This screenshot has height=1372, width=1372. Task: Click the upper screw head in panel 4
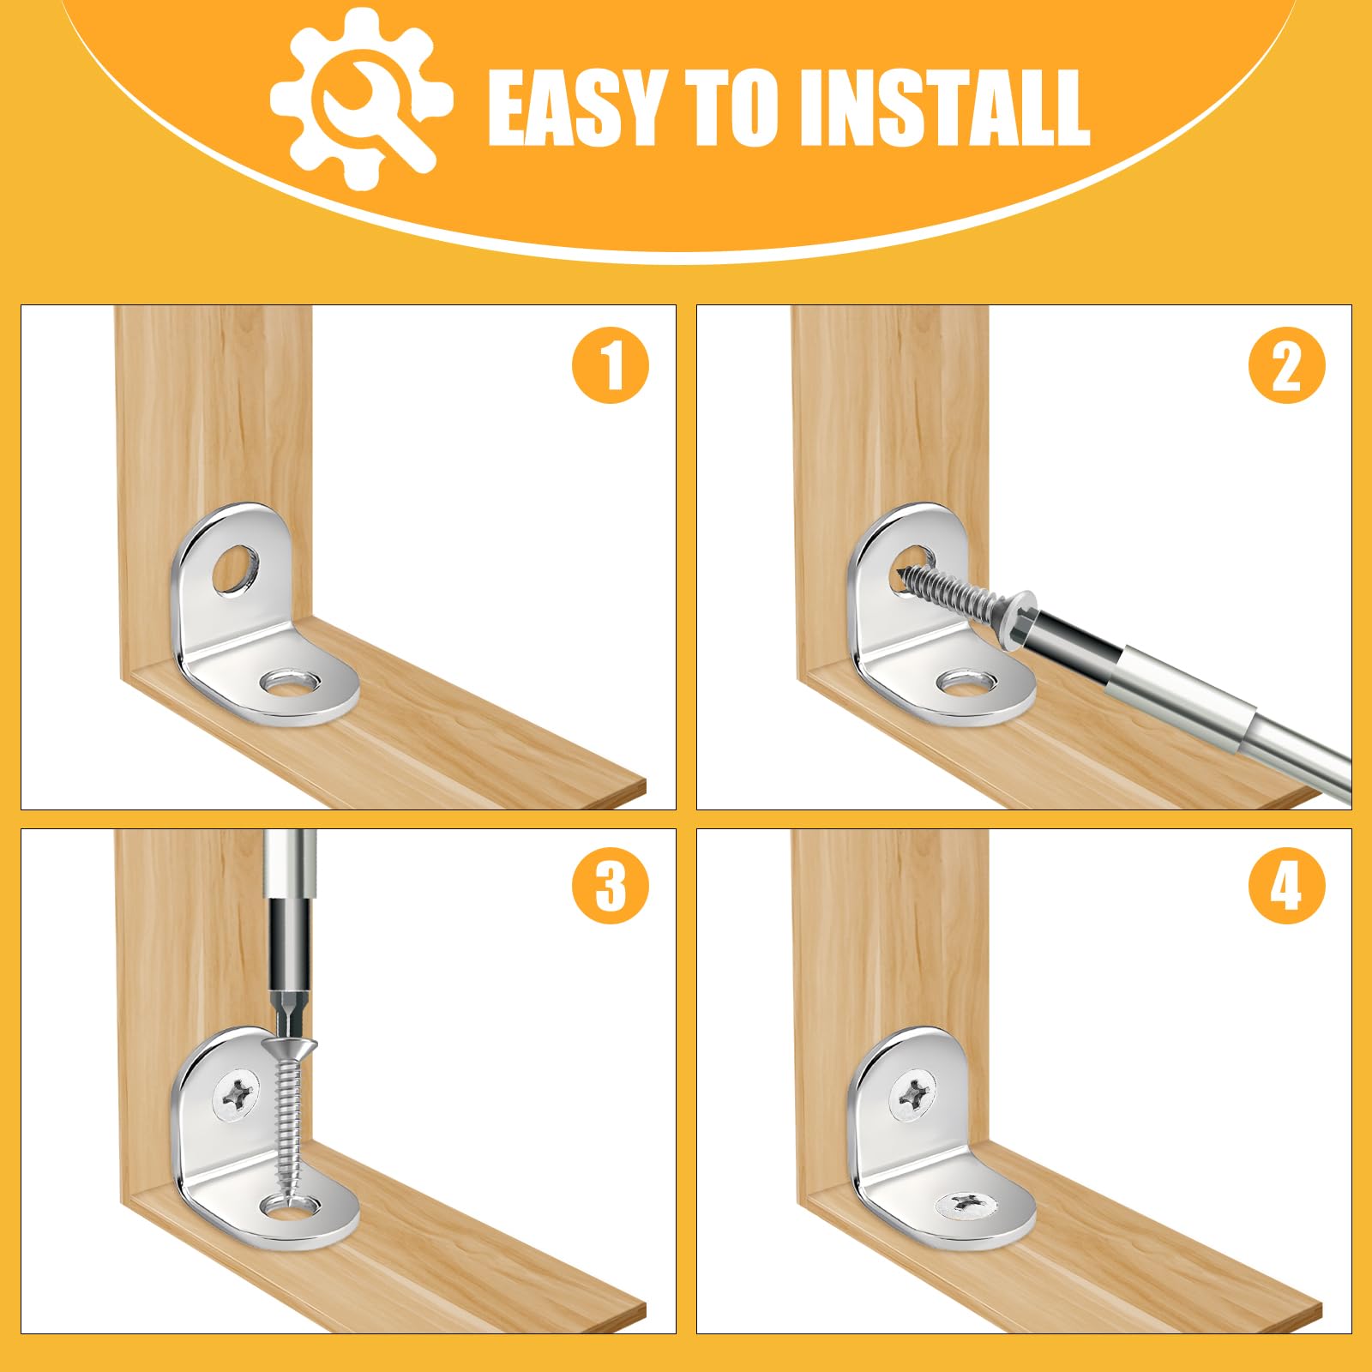[913, 1095]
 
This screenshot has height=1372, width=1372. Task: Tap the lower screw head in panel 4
[968, 1205]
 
